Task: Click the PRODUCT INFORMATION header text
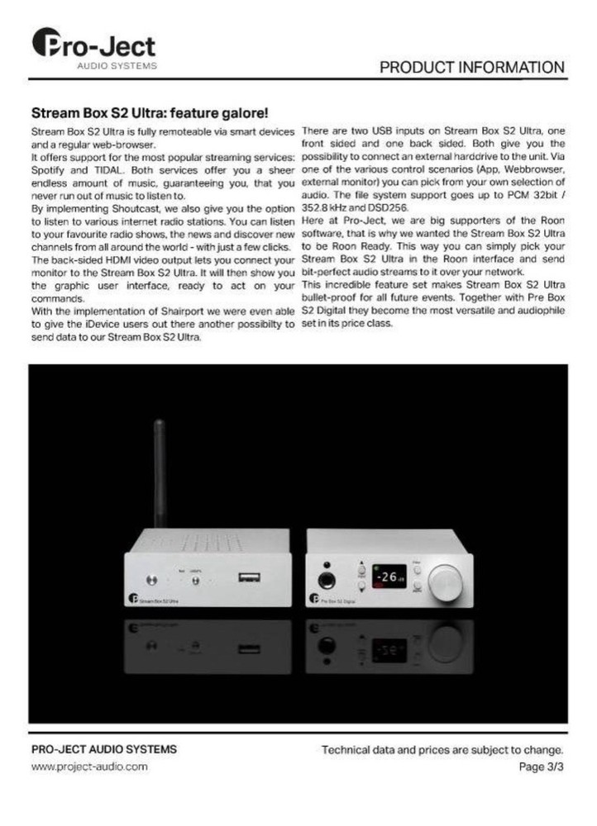472,67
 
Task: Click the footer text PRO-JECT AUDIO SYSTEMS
103,749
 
